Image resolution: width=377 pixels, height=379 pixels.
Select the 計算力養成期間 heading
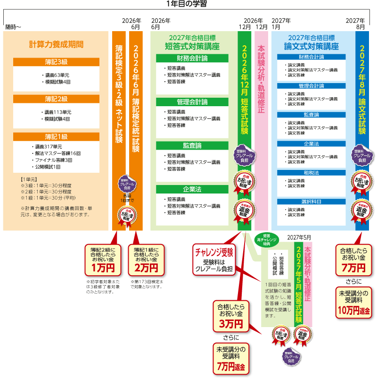click(x=57, y=44)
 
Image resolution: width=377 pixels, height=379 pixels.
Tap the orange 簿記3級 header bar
click(x=57, y=62)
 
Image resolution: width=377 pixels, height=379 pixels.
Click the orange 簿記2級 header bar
click(x=57, y=99)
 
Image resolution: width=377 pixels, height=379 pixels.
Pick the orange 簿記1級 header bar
click(x=57, y=136)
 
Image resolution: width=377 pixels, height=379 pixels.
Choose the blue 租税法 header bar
click(x=311, y=173)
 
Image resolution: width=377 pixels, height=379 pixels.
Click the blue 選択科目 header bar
click(x=311, y=202)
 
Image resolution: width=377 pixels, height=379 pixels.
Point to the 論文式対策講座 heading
click(x=311, y=46)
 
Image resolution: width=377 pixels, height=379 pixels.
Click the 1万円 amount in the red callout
click(x=103, y=268)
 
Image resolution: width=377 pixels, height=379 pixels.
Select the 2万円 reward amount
click(x=146, y=268)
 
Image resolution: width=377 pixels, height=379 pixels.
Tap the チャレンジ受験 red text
click(x=215, y=251)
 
